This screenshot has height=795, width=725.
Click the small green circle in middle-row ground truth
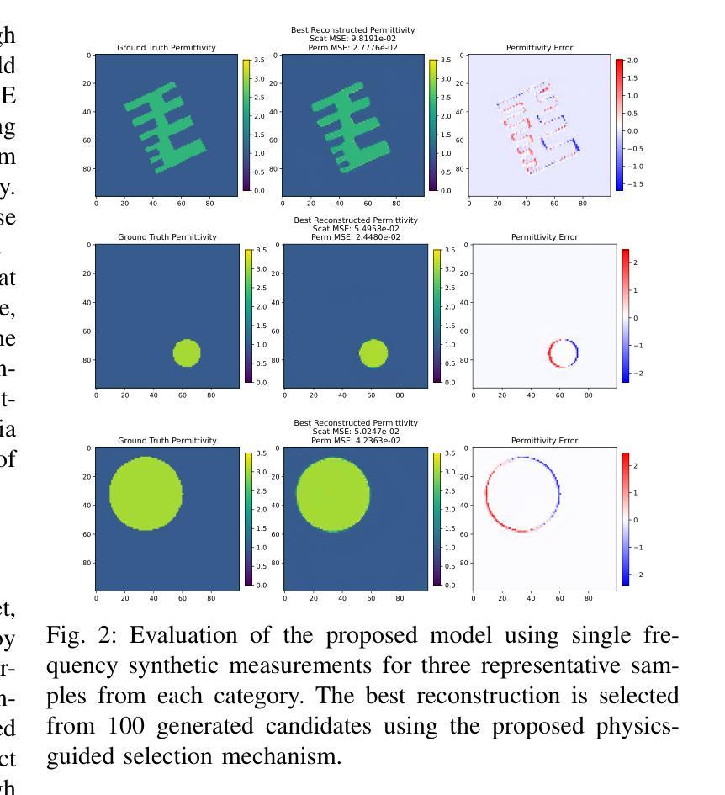[187, 353]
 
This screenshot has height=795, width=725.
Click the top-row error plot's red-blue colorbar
[620, 125]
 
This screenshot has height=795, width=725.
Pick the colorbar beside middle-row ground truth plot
[247, 315]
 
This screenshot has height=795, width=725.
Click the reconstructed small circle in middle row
[373, 353]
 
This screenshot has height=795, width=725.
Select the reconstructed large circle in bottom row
[333, 494]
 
